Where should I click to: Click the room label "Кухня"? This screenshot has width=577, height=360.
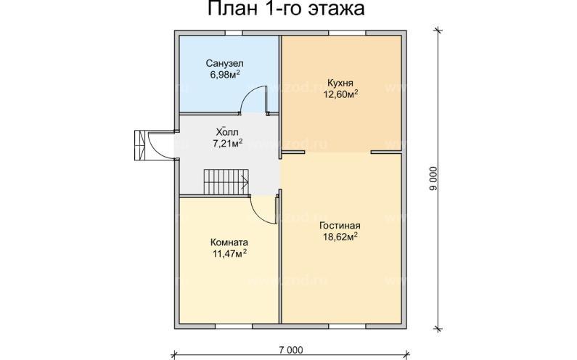click(x=340, y=83)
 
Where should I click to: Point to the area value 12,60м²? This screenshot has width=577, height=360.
click(x=340, y=94)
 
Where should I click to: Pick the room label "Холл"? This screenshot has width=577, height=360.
click(x=227, y=132)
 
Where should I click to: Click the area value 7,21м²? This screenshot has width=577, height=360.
click(x=227, y=143)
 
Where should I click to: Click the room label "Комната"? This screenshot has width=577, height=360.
click(x=229, y=242)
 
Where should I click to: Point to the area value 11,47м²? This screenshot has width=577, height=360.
click(x=229, y=253)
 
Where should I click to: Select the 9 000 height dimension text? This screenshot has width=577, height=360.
click(x=433, y=178)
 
